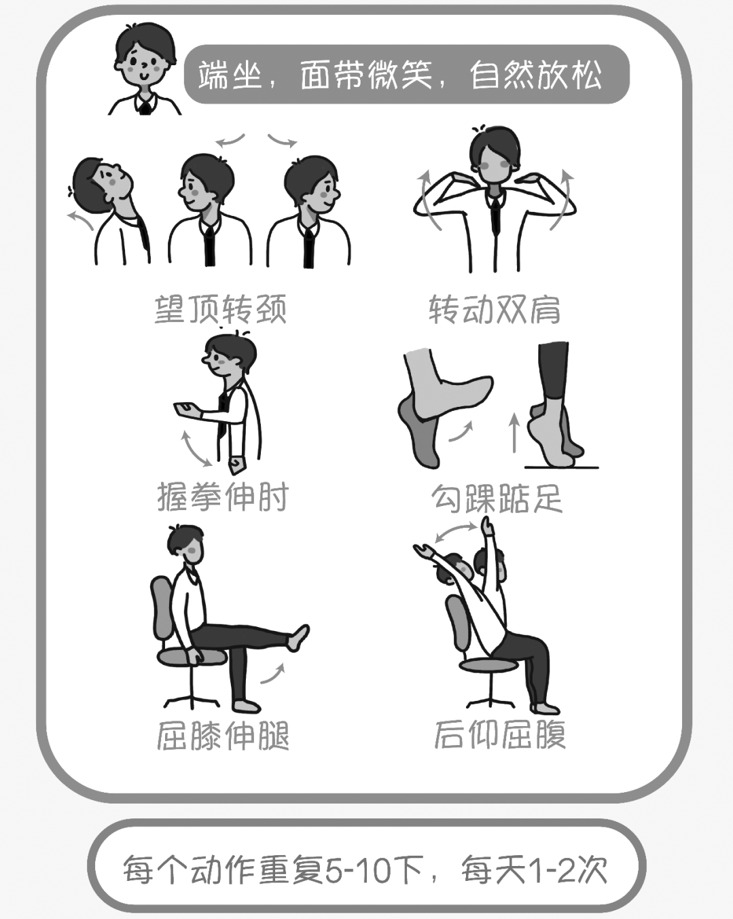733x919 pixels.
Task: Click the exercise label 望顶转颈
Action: point(221,309)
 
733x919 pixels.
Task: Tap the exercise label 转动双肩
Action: point(495,309)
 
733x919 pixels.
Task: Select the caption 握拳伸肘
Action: point(223,497)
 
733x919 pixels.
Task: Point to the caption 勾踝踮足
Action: point(497,499)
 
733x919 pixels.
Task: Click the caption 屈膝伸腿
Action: point(223,735)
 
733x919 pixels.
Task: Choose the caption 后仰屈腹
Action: point(500,734)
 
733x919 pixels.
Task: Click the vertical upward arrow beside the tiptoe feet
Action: point(514,433)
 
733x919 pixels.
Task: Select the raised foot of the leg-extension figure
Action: point(298,636)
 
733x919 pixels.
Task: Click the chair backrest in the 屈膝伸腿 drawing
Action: point(162,609)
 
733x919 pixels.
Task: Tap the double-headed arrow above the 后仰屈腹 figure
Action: point(456,532)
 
